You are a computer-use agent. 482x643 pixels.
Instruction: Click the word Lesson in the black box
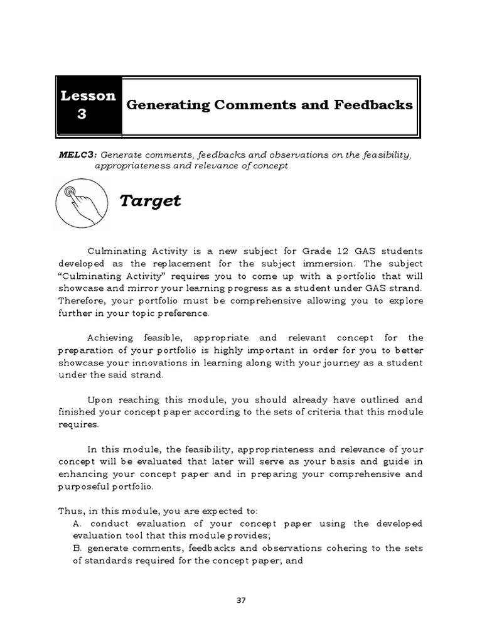click(x=88, y=95)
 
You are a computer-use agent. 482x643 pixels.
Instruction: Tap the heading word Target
click(x=150, y=201)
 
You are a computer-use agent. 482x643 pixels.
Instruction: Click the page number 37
click(x=240, y=600)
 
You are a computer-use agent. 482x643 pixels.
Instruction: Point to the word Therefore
click(x=82, y=300)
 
